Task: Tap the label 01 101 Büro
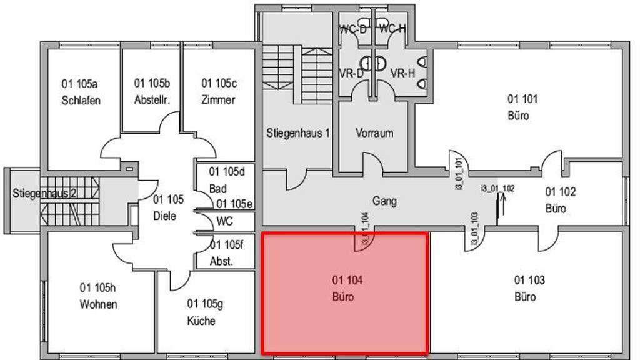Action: click(x=522, y=107)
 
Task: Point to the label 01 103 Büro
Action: click(x=529, y=288)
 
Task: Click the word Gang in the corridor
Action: click(x=384, y=201)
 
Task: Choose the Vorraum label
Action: click(x=374, y=132)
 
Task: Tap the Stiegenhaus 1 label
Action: click(x=298, y=132)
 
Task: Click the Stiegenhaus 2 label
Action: click(x=44, y=193)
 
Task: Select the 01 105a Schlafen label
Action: click(x=81, y=92)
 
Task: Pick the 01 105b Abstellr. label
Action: click(x=152, y=91)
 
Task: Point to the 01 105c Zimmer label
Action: click(x=219, y=91)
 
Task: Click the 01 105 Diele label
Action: click(x=168, y=208)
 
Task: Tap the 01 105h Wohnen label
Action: click(x=98, y=296)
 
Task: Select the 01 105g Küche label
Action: click(x=204, y=312)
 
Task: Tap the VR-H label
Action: click(x=402, y=73)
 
